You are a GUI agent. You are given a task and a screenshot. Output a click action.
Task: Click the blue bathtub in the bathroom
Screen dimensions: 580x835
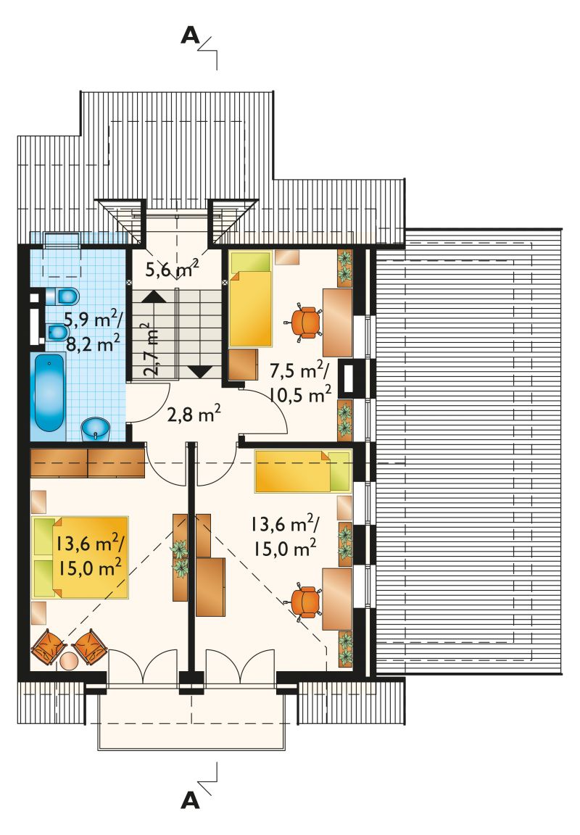(x=50, y=392)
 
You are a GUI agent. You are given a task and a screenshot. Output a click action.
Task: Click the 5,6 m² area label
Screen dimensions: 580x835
(x=172, y=270)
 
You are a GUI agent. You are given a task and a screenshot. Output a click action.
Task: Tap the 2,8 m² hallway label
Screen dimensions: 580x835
(x=194, y=415)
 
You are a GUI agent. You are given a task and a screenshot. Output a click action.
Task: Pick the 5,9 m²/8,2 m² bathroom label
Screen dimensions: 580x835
(x=94, y=331)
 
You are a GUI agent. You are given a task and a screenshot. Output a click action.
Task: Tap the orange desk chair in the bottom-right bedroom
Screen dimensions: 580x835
(x=306, y=601)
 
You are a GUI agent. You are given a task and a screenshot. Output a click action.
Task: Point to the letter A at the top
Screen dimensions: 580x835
(x=190, y=36)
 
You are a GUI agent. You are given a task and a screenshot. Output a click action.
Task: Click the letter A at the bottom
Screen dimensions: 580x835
(x=190, y=800)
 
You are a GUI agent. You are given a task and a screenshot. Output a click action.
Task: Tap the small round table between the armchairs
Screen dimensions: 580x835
(x=69, y=661)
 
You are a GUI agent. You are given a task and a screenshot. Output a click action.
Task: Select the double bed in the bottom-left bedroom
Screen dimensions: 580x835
(x=80, y=557)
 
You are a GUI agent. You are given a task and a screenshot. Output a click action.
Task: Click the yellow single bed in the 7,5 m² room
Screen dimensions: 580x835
(x=250, y=299)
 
